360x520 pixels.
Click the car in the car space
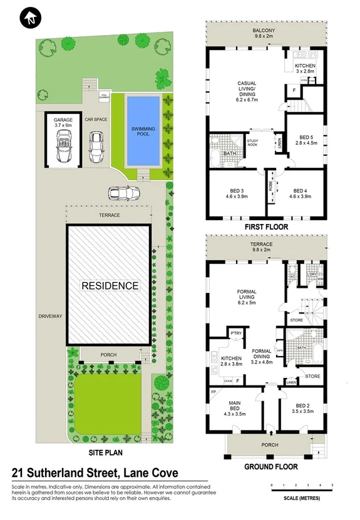tap(95, 146)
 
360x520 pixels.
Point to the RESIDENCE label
tap(110, 285)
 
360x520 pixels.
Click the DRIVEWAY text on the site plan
tap(50, 317)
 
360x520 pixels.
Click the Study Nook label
tap(252, 142)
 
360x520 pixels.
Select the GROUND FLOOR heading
tap(270, 466)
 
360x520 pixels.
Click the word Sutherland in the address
tap(73, 473)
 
